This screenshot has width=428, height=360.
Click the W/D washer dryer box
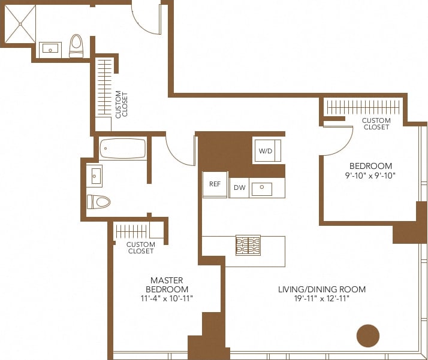(266, 151)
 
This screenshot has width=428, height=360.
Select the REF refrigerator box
(215, 185)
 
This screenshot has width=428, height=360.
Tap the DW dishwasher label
(239, 188)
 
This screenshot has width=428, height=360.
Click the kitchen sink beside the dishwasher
(262, 189)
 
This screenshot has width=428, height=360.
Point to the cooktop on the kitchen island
(248, 244)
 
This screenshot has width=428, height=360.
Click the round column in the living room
(368, 336)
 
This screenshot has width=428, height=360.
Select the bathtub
(123, 149)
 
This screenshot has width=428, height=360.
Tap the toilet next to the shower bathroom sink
(76, 46)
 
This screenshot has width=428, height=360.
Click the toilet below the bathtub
(99, 202)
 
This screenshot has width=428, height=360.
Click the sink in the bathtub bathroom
(96, 176)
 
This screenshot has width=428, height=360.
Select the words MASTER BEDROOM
(167, 285)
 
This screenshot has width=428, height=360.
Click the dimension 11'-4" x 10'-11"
(167, 298)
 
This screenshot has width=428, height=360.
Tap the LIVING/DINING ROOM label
(321, 289)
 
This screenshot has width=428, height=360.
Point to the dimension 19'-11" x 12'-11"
(321, 298)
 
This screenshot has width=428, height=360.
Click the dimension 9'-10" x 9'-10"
(370, 176)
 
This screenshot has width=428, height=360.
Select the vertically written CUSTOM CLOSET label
(122, 104)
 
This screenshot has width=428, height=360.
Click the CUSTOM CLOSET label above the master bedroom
(141, 247)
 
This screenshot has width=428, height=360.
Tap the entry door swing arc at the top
(146, 18)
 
